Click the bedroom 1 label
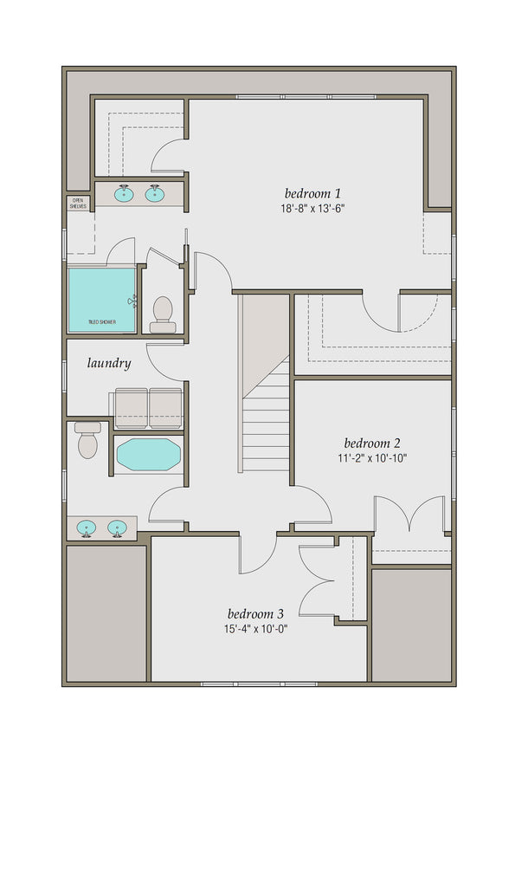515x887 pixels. click(x=313, y=192)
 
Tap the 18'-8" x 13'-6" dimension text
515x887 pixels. click(x=313, y=208)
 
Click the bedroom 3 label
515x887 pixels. click(x=256, y=613)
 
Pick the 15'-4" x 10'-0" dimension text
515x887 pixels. click(x=256, y=629)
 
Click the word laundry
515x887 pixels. click(x=109, y=363)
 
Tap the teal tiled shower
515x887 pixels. click(x=102, y=299)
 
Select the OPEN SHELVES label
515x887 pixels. click(x=78, y=203)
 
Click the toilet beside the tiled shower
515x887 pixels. click(x=163, y=314)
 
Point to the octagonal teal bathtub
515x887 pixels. click(x=148, y=455)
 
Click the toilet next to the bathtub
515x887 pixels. click(x=87, y=441)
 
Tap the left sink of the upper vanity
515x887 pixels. click(x=125, y=193)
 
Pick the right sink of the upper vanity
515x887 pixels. click(x=156, y=193)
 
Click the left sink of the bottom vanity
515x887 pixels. click(x=87, y=527)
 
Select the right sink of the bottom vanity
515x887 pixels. click(x=118, y=527)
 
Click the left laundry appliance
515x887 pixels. click(x=131, y=408)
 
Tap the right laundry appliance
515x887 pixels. click(x=164, y=408)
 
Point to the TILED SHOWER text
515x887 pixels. click(x=102, y=322)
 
